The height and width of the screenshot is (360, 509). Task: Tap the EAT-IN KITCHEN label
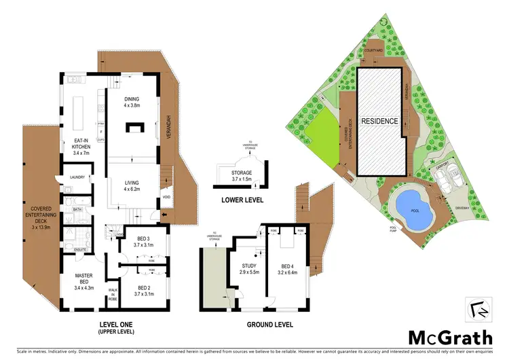(x=81, y=144)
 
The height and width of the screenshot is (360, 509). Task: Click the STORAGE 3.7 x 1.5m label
(x=242, y=175)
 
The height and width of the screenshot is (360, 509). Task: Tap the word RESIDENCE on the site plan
(x=379, y=120)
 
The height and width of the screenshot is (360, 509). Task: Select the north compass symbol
(x=478, y=309)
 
